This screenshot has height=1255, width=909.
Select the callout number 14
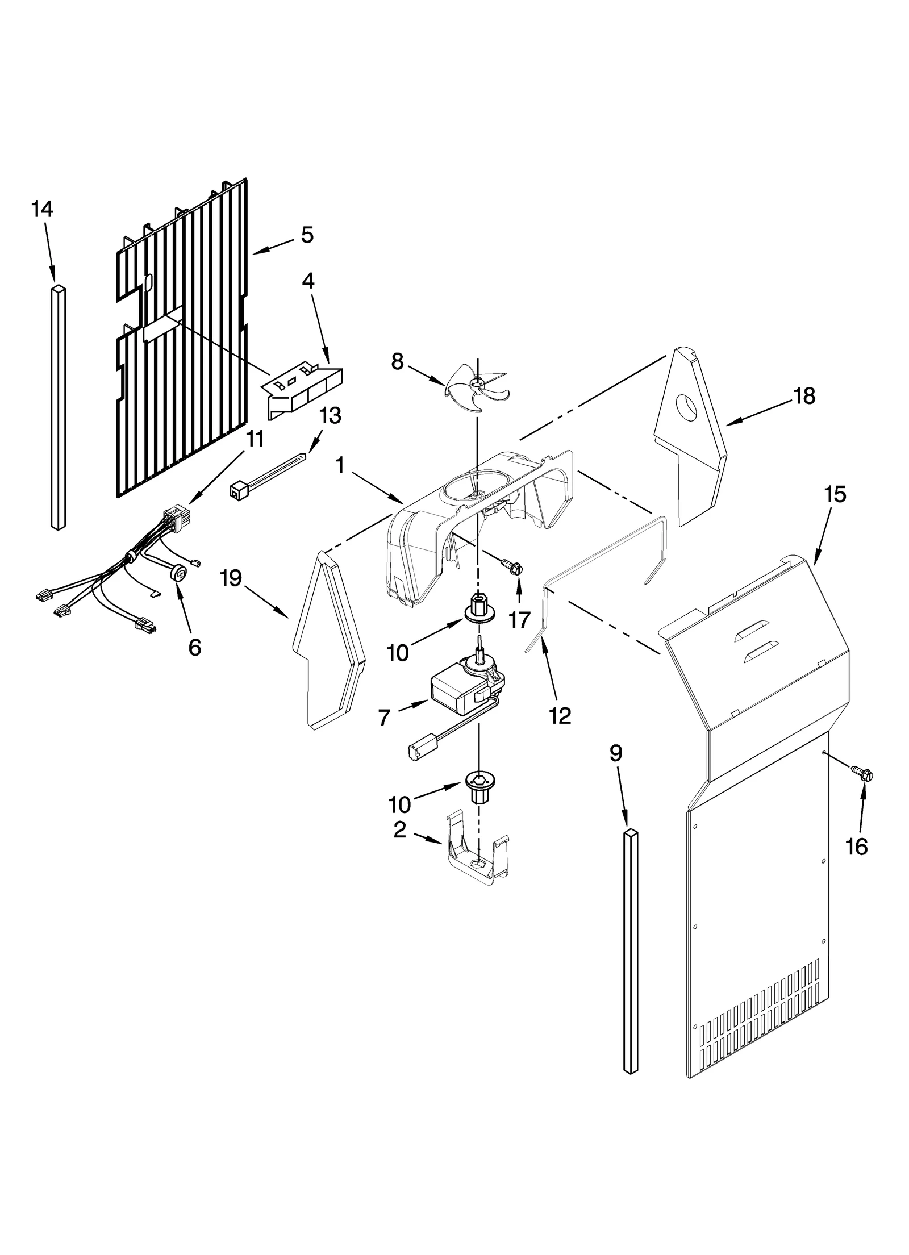(43, 209)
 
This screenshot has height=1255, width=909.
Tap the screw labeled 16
(862, 773)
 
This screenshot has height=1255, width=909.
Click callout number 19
(231, 579)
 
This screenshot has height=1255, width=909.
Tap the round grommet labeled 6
(178, 574)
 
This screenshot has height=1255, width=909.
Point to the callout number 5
(307, 234)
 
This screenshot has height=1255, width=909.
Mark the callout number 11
(255, 439)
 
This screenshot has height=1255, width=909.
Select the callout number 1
(340, 466)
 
